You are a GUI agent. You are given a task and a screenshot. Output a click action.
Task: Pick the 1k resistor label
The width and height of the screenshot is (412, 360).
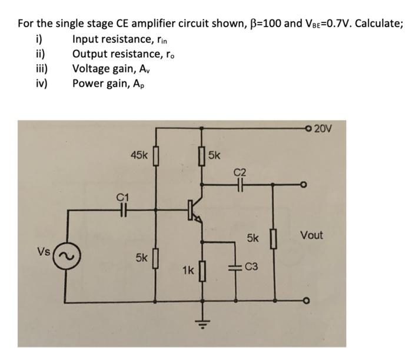pyautogui.click(x=188, y=271)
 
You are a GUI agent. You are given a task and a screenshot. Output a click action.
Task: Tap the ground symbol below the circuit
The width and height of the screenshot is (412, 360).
pyautogui.click(x=204, y=322)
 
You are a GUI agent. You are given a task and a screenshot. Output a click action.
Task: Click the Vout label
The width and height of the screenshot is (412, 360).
pyautogui.click(x=311, y=235)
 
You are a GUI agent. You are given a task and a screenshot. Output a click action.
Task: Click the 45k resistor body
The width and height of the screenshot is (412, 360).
pyautogui.click(x=156, y=157)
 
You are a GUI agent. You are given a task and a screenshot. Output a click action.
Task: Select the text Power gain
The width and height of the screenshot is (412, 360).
pyautogui.click(x=100, y=82)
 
